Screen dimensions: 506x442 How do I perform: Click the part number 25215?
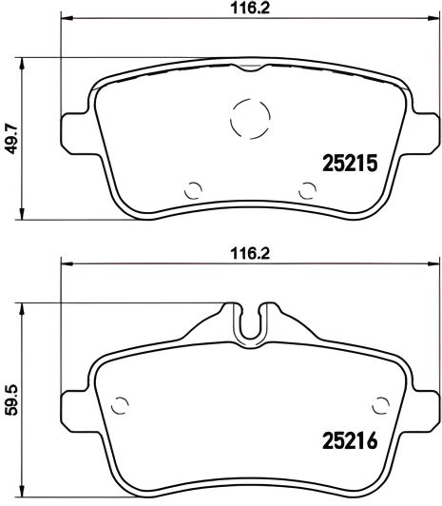347,163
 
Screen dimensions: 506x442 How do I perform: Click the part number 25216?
347,441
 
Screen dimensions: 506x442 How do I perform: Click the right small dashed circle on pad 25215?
307,188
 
